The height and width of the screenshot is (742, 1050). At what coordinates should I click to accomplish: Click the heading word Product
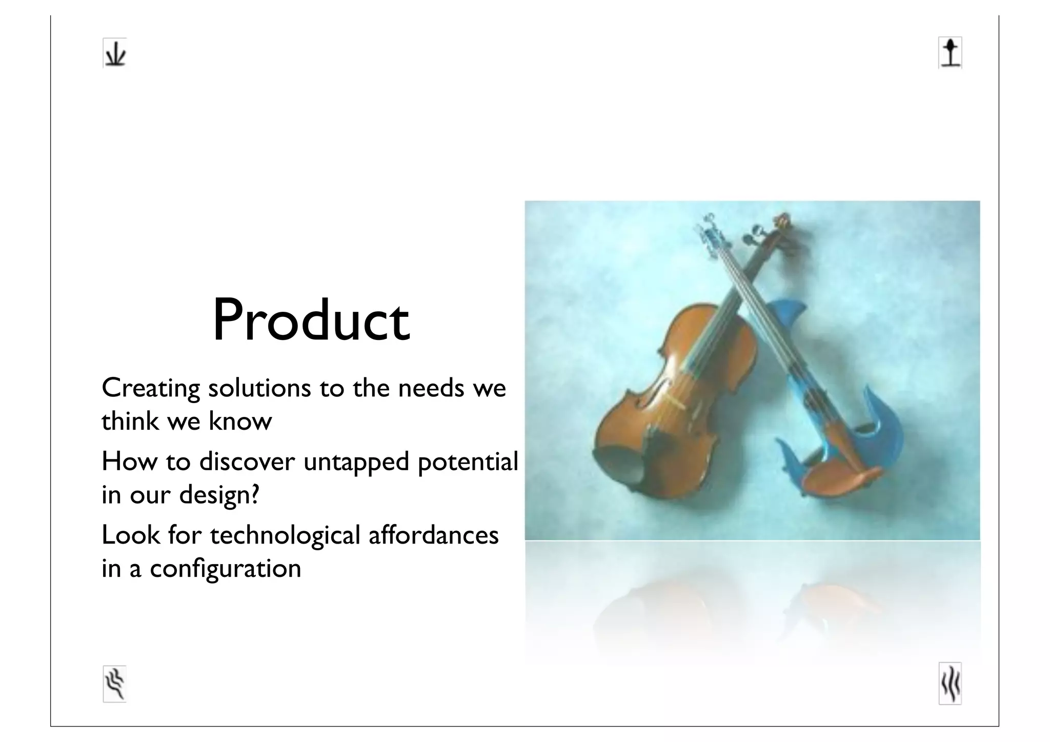click(311, 320)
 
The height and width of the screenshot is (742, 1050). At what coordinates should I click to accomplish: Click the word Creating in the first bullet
click(151, 388)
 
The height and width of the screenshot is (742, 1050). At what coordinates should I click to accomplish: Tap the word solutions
click(259, 388)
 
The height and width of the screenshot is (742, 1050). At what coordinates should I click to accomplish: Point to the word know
click(240, 422)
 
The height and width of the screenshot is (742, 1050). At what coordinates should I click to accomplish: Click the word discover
click(247, 462)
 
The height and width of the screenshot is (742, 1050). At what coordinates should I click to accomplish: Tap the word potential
click(468, 463)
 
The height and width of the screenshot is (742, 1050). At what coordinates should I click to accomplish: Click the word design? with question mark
click(219, 495)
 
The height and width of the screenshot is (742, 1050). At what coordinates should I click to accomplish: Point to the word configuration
click(225, 569)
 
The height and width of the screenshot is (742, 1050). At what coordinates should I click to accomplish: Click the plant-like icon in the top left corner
click(114, 53)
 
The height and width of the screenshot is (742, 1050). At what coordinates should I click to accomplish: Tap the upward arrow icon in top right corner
click(950, 53)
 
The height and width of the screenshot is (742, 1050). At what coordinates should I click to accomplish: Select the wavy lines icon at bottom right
click(950, 684)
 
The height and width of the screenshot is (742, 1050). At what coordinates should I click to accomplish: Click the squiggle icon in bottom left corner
click(114, 684)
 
